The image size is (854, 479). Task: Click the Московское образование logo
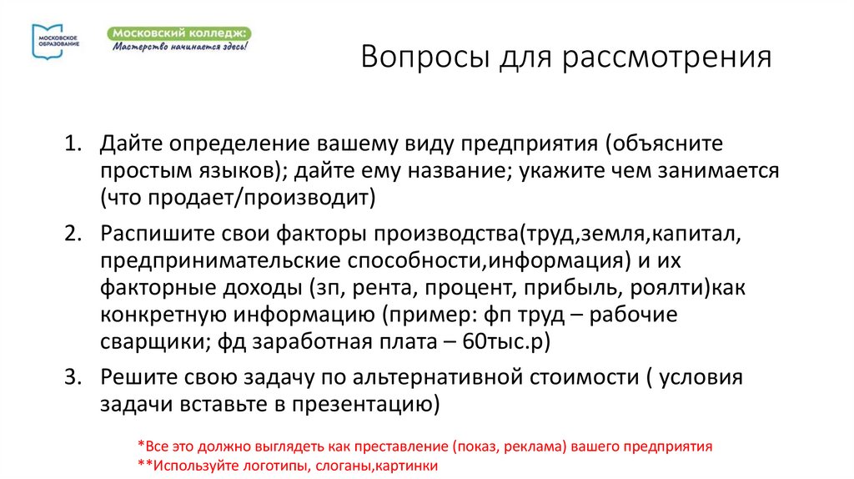(56, 41)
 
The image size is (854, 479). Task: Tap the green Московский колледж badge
(180, 38)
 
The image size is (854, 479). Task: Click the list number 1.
(73, 144)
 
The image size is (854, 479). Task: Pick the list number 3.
(73, 376)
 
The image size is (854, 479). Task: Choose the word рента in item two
(384, 290)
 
